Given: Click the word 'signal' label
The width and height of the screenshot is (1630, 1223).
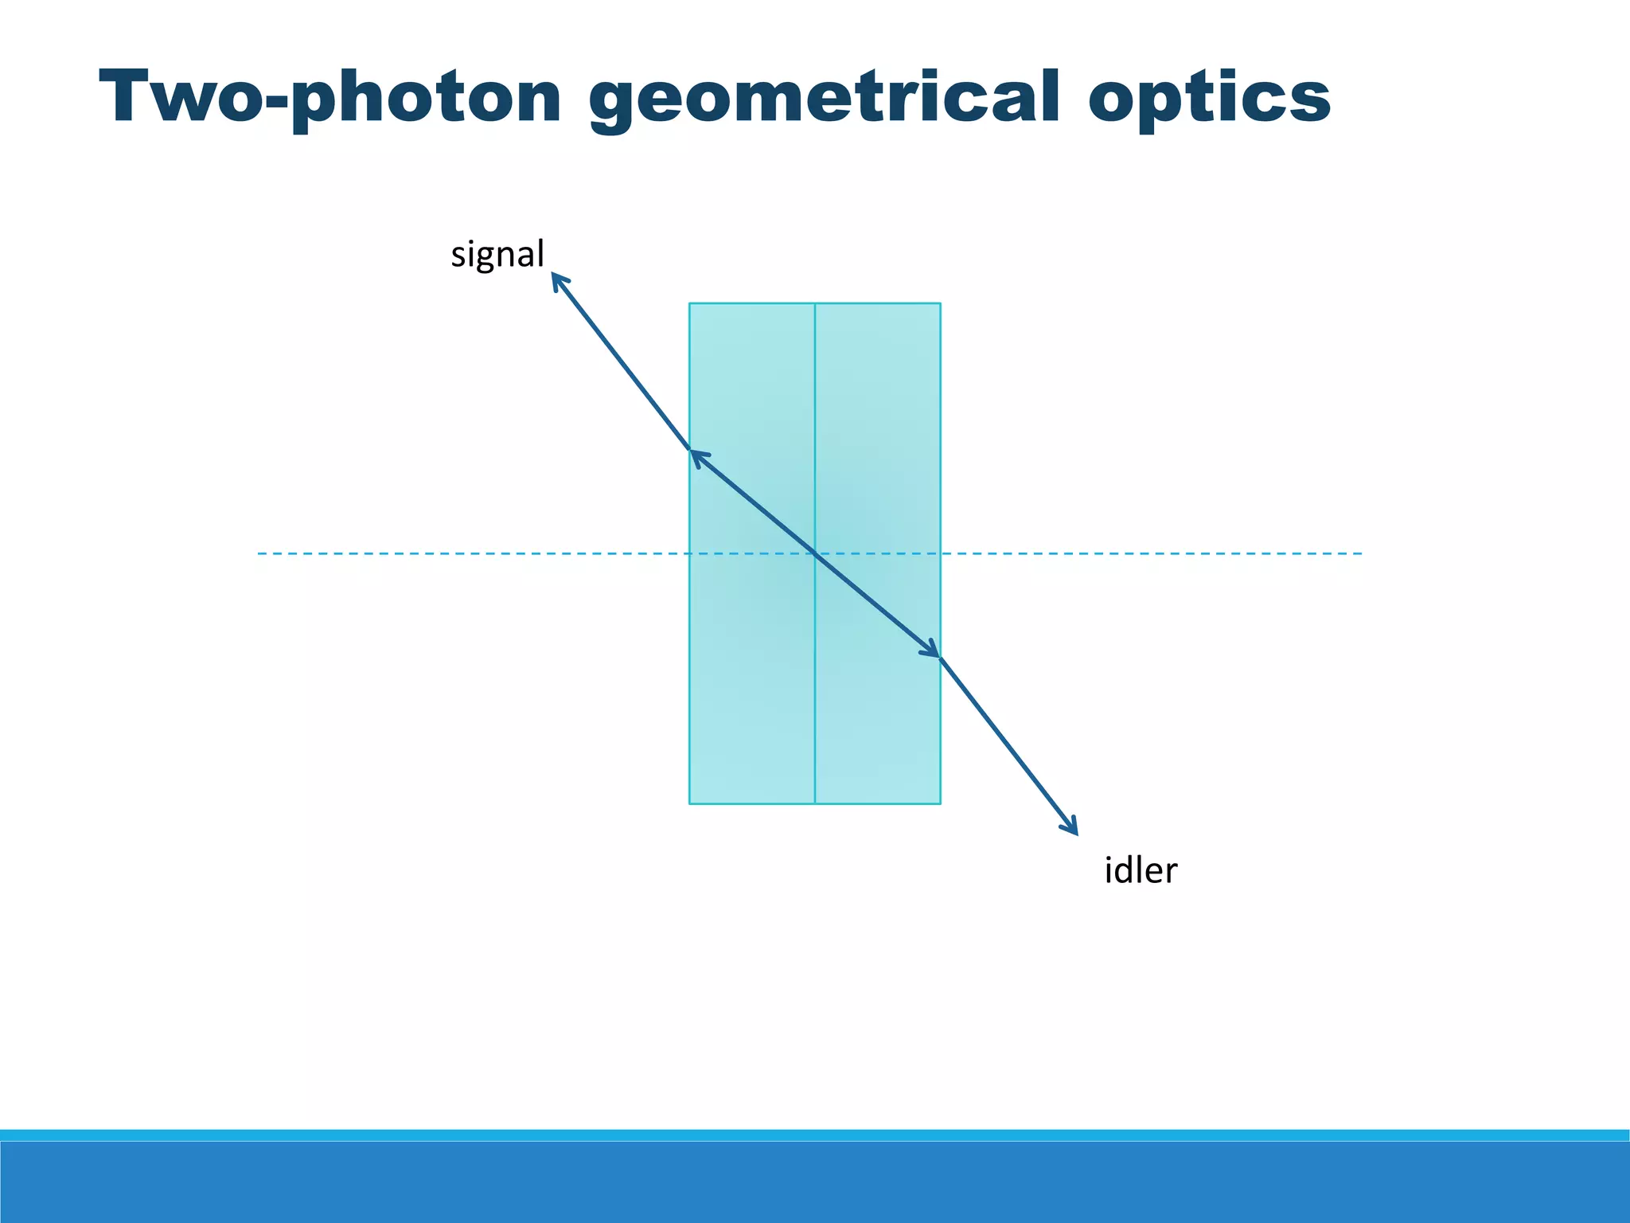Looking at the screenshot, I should point(497,255).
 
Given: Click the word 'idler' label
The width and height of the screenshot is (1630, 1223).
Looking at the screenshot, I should point(1140,871).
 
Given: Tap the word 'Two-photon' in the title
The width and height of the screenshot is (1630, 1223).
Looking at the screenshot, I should point(330,98).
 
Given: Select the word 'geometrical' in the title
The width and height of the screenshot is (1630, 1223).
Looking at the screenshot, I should point(825,98).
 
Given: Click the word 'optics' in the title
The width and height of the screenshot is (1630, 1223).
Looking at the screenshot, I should point(1209,98).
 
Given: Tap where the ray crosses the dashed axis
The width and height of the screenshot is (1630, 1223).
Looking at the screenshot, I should point(815,553).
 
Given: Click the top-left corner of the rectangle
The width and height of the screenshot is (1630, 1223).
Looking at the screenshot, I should point(689,303).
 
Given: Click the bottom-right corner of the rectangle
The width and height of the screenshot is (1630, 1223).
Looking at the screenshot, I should point(941,803).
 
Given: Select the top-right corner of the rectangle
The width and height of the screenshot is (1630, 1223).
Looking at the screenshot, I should point(941,303).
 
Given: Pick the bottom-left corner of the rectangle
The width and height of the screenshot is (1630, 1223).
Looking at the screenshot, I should point(689,803).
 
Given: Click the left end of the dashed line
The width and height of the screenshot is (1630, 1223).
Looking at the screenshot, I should point(259,553).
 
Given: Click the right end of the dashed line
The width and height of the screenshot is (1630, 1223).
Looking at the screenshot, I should point(1361,553).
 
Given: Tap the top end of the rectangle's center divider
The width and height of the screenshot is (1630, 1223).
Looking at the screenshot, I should point(815,303).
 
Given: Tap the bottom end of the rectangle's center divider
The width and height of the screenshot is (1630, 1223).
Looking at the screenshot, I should point(815,803).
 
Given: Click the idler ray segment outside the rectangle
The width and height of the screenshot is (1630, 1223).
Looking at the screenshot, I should point(1008,744).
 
